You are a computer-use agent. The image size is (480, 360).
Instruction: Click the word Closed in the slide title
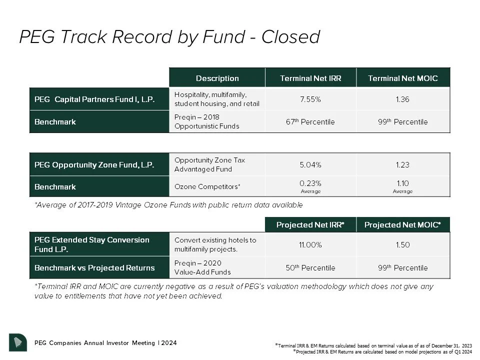point(290,37)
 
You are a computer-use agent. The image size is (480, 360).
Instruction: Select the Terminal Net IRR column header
point(310,78)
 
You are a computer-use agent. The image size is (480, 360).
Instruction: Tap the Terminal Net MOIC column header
point(402,78)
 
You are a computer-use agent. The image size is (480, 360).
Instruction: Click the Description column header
point(217,78)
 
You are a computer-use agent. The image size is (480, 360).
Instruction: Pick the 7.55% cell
point(310,99)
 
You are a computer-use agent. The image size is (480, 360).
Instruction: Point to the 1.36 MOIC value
point(402,99)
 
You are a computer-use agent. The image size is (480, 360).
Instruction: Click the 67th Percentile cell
point(310,121)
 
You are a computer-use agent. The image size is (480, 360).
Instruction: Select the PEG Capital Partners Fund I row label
point(94,99)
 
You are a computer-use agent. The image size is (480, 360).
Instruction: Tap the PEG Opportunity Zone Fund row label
point(94,164)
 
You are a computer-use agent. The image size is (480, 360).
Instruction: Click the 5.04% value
point(310,164)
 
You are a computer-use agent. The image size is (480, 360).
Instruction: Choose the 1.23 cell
point(402,164)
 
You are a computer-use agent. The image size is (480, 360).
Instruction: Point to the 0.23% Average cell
point(310,186)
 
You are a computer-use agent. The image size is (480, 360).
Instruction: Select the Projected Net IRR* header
point(310,225)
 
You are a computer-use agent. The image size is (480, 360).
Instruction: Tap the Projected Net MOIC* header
point(402,225)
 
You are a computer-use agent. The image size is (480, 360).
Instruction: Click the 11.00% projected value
point(310,245)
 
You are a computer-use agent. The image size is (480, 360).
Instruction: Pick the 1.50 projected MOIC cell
point(402,245)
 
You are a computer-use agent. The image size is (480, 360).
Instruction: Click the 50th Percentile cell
point(310,267)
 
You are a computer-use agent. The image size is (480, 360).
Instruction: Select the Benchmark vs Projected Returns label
point(94,267)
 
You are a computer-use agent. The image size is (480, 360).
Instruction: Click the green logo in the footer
point(18,342)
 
